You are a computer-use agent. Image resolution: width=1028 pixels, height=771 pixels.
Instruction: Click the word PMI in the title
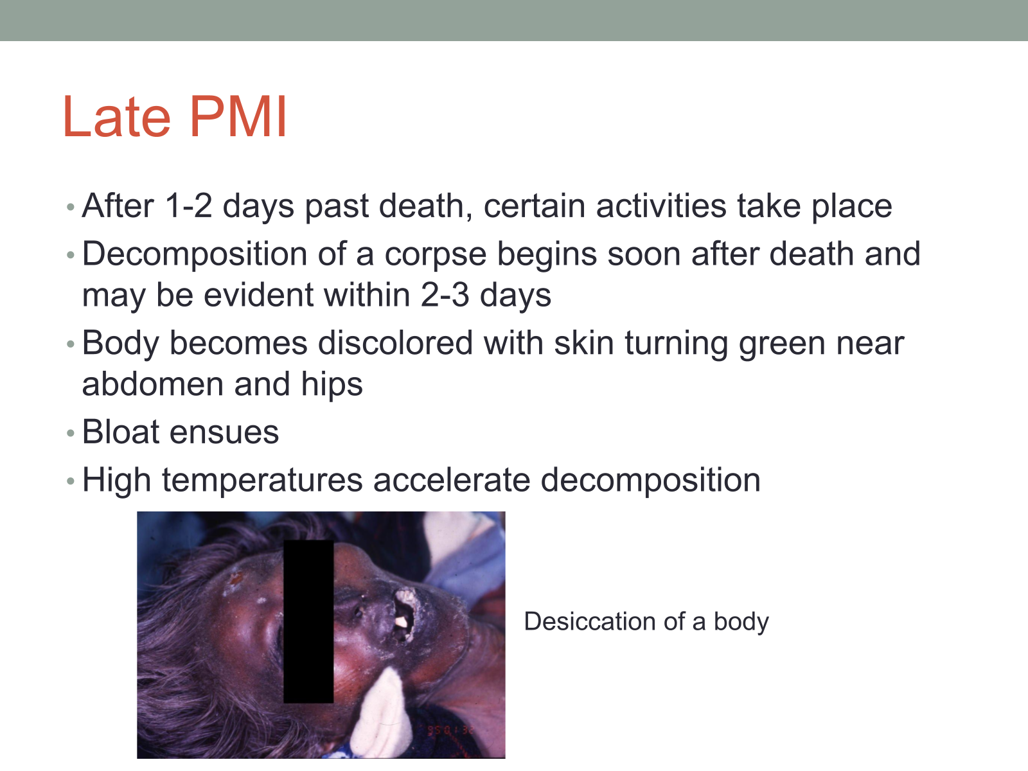(x=238, y=116)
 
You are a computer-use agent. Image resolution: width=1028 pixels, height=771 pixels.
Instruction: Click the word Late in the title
(x=117, y=116)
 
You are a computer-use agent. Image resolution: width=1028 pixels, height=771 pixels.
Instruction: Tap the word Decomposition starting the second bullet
(x=195, y=255)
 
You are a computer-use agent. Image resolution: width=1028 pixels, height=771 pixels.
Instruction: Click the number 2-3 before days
(x=445, y=295)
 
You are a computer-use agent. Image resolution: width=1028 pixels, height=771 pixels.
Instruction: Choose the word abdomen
(x=153, y=384)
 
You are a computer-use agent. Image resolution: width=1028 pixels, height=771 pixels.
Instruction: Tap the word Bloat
(x=121, y=432)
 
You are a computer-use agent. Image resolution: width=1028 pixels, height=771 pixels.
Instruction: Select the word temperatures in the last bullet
(x=262, y=481)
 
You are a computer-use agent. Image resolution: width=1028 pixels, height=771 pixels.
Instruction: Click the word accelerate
(x=452, y=480)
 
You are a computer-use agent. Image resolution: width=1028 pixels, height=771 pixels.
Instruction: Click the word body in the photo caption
(x=741, y=623)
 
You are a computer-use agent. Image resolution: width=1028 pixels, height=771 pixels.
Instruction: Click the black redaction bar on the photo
(x=308, y=621)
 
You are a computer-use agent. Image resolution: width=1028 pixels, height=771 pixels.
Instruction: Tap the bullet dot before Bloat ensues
(x=71, y=433)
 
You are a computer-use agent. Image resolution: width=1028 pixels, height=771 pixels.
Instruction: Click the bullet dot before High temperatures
(x=71, y=481)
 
